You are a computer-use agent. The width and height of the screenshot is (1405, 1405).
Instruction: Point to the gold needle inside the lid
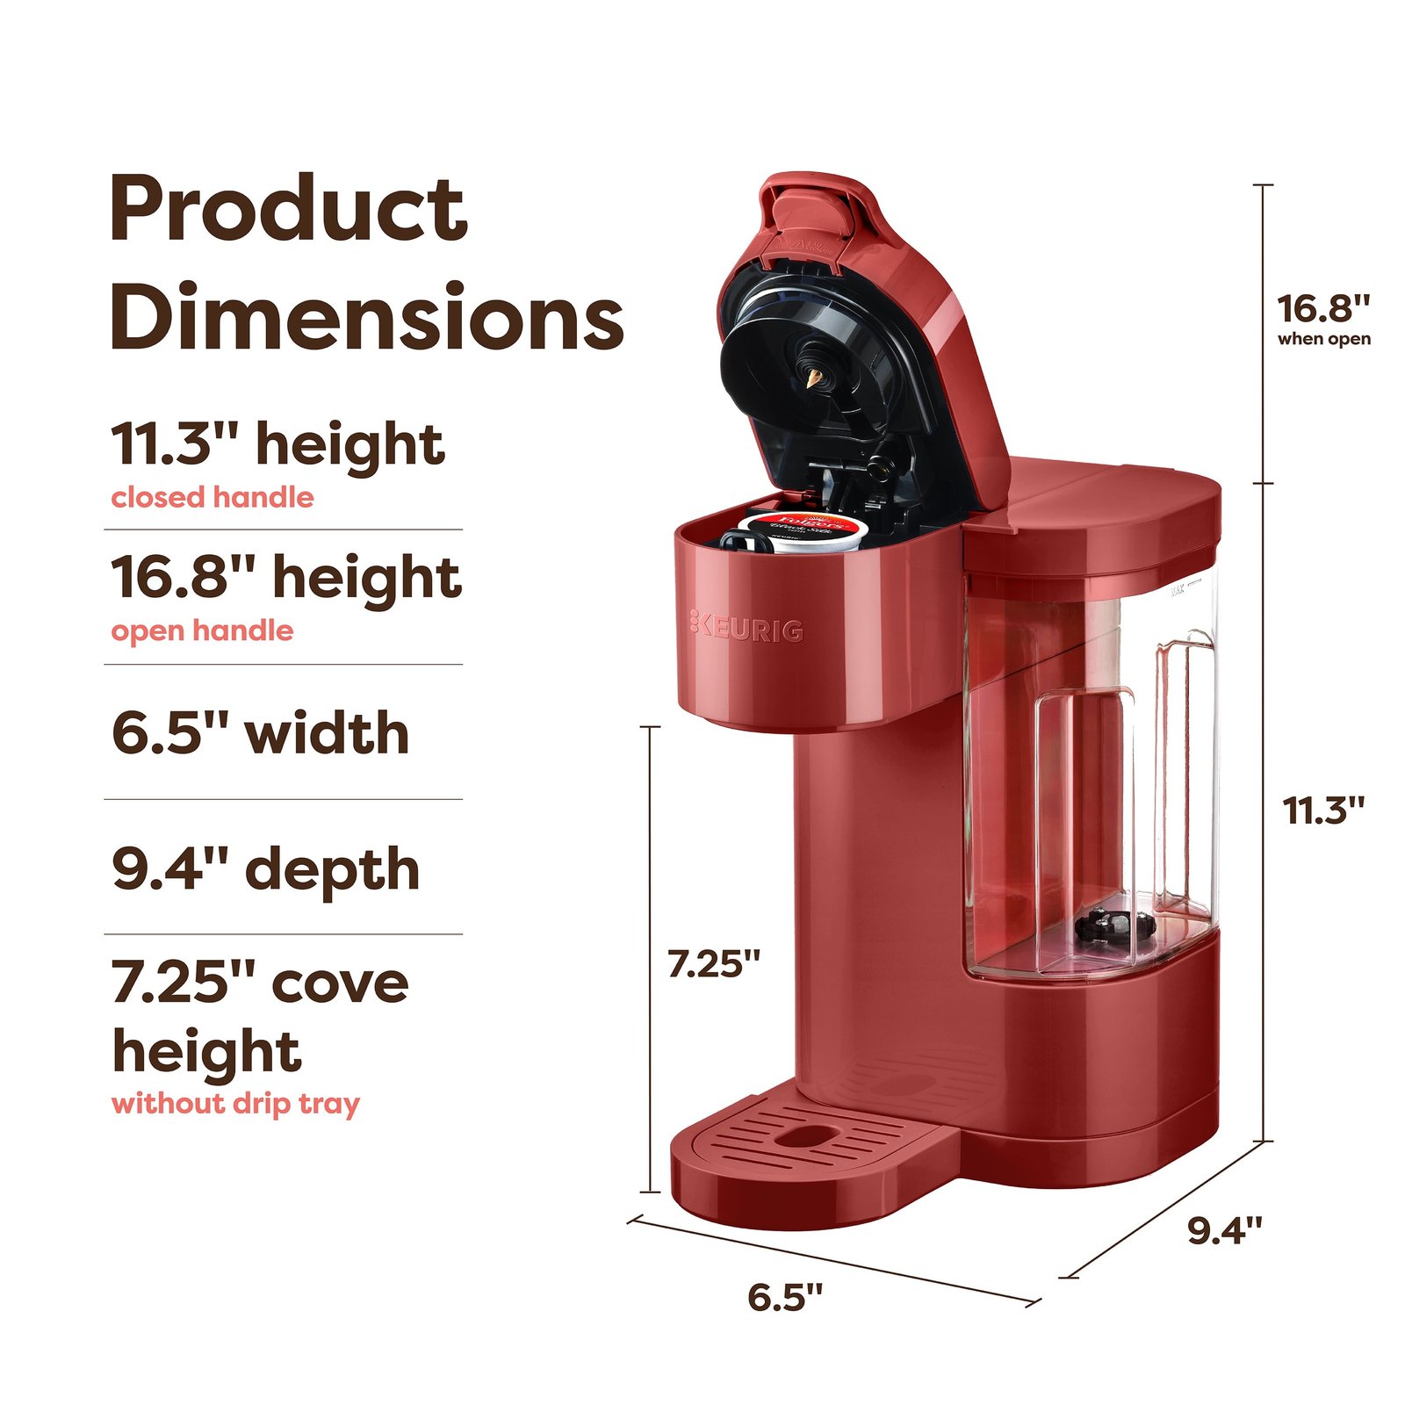(x=812, y=378)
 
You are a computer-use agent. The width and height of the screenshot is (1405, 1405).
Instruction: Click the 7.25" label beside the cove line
(x=714, y=963)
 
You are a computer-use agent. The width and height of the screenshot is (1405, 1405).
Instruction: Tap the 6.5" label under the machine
(x=785, y=1296)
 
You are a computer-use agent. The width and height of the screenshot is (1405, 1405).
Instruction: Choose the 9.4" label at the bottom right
(x=1225, y=1230)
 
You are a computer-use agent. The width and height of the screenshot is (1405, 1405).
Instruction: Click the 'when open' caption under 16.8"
(x=1323, y=339)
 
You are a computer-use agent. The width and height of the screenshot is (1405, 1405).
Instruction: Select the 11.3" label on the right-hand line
(x=1323, y=810)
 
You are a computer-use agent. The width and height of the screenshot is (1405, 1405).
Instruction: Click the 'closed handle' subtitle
(x=213, y=498)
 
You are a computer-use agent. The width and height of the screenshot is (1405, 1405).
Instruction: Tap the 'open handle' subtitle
(x=202, y=630)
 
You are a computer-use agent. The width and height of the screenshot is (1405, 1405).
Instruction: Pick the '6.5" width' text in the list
(x=261, y=733)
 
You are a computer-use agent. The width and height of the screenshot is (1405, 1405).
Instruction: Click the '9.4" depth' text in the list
(x=266, y=868)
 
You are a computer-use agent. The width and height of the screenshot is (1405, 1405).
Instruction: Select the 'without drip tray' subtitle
(x=235, y=1103)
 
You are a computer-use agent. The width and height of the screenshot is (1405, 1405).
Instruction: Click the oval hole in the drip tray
(x=805, y=1136)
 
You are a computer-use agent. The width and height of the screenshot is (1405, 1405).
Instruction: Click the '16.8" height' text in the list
(x=286, y=578)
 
